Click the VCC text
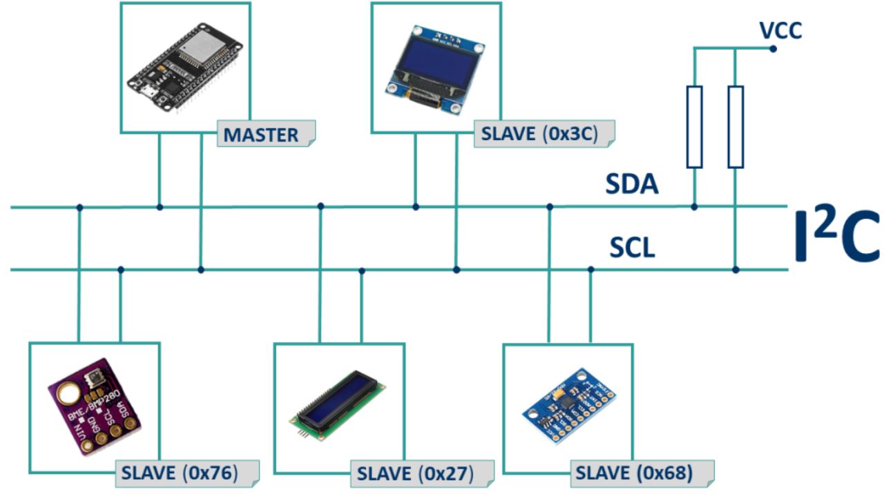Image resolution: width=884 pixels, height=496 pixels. click(780, 31)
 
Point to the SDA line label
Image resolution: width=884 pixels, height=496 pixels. click(632, 185)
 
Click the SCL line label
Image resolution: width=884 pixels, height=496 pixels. click(632, 248)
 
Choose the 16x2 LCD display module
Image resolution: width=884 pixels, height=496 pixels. click(338, 404)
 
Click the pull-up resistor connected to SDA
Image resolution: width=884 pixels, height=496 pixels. click(694, 127)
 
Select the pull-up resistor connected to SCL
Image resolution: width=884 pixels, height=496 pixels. click(736, 127)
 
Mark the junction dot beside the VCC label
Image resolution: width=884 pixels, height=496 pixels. click(773, 49)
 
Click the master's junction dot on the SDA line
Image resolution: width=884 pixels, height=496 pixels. click(160, 207)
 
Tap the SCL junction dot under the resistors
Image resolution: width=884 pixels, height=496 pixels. click(736, 269)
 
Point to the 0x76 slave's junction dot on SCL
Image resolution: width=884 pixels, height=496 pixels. click(121, 269)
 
